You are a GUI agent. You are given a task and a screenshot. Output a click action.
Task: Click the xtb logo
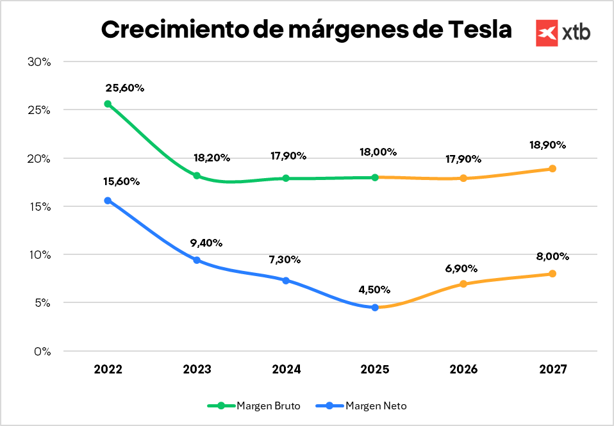(x=563, y=32)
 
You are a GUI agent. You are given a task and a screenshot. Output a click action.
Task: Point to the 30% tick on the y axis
(x=39, y=61)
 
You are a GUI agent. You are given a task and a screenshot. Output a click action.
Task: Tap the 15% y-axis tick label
(x=39, y=206)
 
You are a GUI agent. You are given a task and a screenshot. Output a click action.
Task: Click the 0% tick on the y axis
(x=42, y=351)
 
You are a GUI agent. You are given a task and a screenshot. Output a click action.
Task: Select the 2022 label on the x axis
(x=108, y=370)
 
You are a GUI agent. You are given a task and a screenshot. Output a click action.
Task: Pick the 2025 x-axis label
(x=375, y=370)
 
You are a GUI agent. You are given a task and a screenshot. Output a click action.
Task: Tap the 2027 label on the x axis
(x=552, y=370)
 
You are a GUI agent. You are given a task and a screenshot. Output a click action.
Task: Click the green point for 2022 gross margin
(x=108, y=104)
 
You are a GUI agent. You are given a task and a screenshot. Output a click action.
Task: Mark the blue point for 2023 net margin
(x=197, y=260)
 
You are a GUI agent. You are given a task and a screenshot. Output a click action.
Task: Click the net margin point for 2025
(x=375, y=307)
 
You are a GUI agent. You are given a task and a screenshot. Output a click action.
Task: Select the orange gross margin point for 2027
(x=552, y=168)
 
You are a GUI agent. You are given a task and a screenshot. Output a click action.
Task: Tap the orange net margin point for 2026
(x=463, y=284)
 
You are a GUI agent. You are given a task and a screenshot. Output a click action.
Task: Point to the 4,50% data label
(x=375, y=289)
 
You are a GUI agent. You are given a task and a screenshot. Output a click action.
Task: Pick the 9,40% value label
(x=206, y=243)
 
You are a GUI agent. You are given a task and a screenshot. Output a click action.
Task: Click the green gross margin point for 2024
(x=286, y=178)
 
